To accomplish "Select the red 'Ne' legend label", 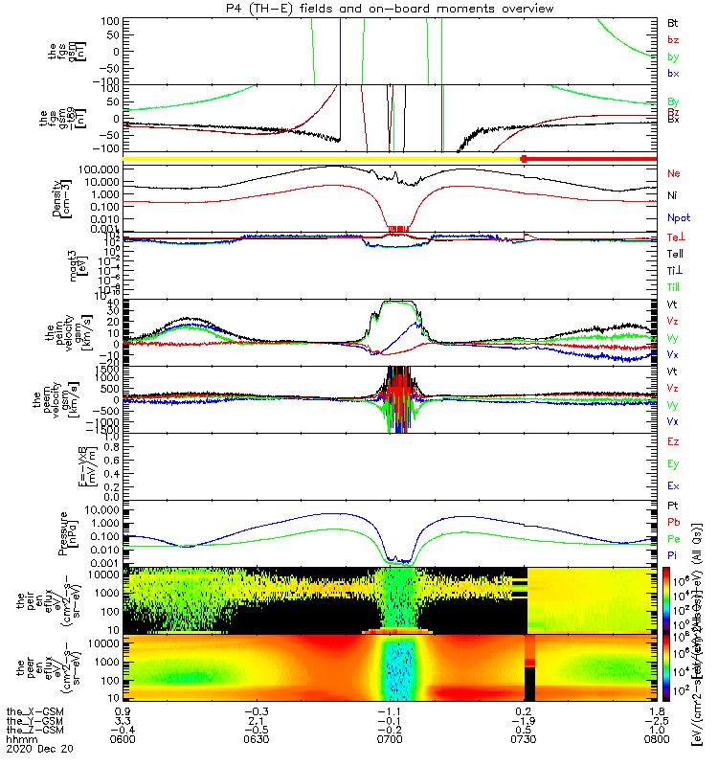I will (x=673, y=173).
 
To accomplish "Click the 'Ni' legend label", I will (x=672, y=195).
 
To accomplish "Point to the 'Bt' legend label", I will (x=672, y=21).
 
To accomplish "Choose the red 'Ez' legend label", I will (x=673, y=442).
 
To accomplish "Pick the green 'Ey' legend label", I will (x=673, y=464).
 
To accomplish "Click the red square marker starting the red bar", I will (x=523, y=158).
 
